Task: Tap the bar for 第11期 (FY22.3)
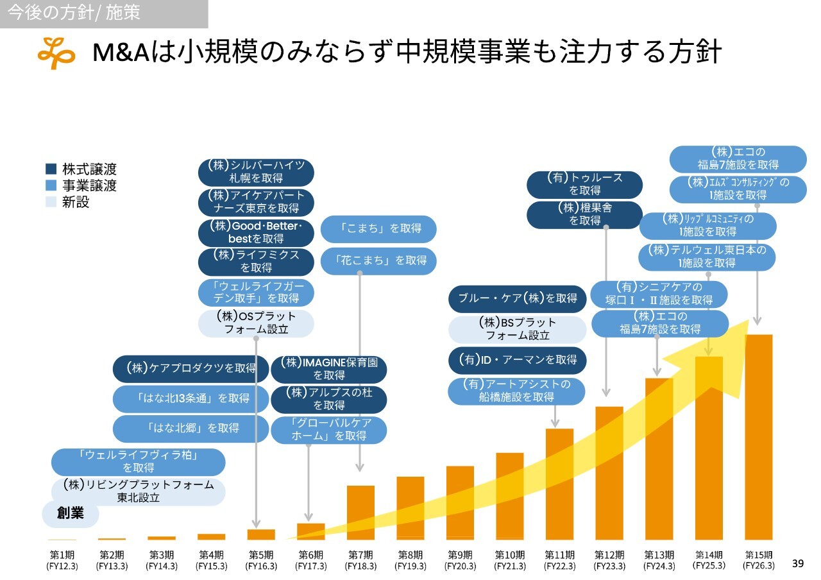coord(559,484)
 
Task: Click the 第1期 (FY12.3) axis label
coord(62,560)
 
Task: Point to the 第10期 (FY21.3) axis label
coord(510,560)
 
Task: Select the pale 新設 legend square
coord(51,202)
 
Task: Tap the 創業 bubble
coord(71,514)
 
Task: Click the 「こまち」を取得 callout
coord(378,228)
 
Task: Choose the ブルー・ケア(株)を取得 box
coord(517,298)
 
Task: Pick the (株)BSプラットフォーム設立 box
coord(517,329)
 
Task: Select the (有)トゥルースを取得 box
coord(584,184)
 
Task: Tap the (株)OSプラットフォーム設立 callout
coord(256,323)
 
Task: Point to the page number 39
coord(798,563)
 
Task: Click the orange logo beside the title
coord(56,53)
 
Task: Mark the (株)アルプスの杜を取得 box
coord(328,399)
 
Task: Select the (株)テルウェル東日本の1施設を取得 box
coord(707,257)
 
